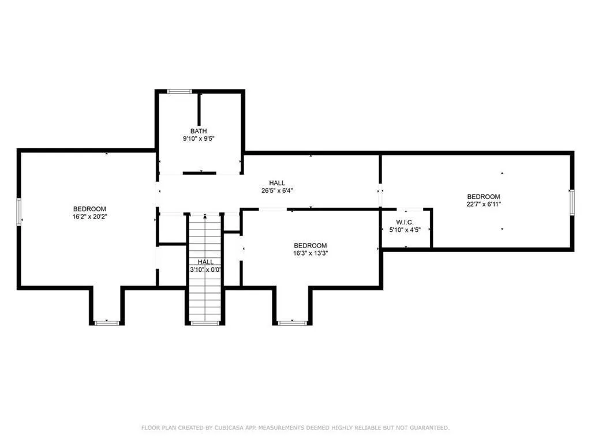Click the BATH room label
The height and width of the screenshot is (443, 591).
click(199, 131)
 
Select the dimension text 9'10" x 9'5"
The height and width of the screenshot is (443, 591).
click(199, 138)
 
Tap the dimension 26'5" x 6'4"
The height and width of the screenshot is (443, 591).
click(277, 190)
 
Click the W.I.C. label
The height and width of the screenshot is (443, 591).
click(405, 222)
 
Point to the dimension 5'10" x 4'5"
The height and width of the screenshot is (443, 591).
click(405, 230)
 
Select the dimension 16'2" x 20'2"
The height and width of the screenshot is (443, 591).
click(89, 217)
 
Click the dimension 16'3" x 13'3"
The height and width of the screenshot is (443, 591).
click(311, 253)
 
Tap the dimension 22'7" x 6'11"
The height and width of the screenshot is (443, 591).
click(484, 204)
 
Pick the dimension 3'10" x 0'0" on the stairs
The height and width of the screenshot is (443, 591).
click(205, 270)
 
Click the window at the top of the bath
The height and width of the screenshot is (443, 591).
click(179, 91)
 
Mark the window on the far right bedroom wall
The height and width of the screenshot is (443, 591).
click(572, 202)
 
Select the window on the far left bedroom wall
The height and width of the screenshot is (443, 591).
click(19, 212)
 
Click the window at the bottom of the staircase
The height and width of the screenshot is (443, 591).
click(205, 323)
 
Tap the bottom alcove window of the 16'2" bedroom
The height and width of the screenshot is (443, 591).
click(107, 323)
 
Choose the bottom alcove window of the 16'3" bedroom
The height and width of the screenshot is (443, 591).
click(293, 323)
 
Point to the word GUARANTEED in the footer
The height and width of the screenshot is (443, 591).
click(429, 427)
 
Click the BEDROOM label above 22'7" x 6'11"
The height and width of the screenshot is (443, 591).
click(484, 197)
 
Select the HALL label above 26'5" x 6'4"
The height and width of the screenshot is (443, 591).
click(277, 183)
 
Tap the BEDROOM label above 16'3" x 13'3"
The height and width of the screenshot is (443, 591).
click(311, 246)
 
